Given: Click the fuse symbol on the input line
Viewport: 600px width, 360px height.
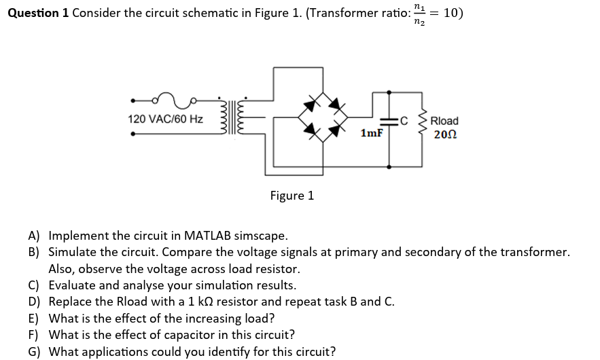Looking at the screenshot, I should pos(174,101).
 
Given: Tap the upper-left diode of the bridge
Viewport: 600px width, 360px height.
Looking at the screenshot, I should pos(312,104).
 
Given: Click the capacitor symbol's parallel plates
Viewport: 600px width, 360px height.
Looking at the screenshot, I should pos(389,122).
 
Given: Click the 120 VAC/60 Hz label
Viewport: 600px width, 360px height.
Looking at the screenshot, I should pos(165,120).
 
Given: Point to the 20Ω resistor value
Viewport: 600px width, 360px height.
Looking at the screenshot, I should pos(444,134).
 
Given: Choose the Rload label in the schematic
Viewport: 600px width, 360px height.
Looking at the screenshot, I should pos(444,121).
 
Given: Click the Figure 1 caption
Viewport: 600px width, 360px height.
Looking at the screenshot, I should pos(292,196).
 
